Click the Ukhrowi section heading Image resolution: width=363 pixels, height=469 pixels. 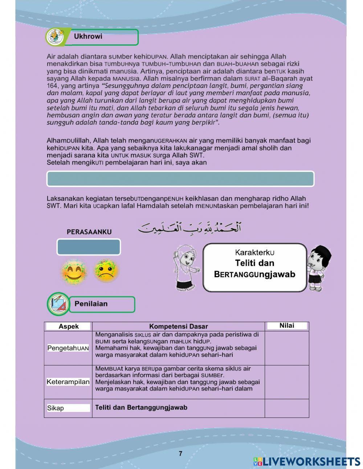tap(88, 37)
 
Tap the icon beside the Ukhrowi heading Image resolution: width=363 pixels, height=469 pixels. tap(55, 37)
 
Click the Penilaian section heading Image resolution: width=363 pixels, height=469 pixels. tap(91, 304)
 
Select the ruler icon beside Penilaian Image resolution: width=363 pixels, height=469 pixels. tap(58, 304)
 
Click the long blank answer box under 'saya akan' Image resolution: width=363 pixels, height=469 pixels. tap(180, 179)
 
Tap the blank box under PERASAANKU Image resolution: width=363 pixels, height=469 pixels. tap(89, 247)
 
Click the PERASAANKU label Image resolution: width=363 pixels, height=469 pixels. tap(89, 232)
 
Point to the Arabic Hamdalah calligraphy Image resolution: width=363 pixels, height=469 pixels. tap(189, 228)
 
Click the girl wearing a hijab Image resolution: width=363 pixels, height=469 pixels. tap(186, 268)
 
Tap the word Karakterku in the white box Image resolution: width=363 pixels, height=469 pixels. tap(254, 252)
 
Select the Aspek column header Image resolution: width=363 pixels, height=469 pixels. tap(69, 327)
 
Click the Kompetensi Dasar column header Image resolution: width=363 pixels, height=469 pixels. tap(178, 327)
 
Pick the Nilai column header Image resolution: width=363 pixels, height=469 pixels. tap(287, 326)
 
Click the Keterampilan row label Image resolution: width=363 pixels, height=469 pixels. tap(68, 382)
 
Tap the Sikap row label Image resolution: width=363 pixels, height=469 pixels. tap(56, 408)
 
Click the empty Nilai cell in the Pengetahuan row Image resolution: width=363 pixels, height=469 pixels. tap(287, 348)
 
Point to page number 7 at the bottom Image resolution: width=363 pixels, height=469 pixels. tap(180, 454)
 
